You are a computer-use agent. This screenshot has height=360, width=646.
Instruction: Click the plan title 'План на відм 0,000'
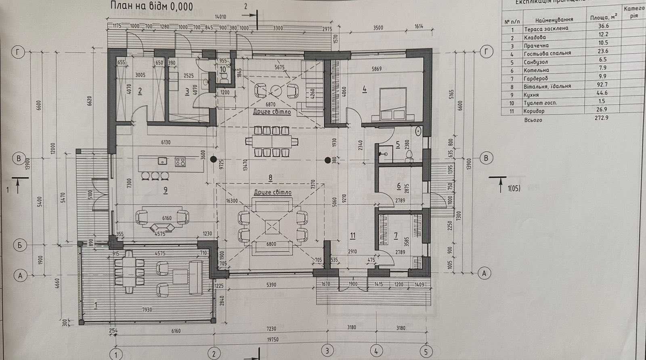click(x=151, y=6)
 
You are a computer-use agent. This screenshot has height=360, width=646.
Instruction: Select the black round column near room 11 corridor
click(x=328, y=160)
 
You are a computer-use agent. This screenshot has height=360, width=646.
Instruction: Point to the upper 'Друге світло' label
click(x=272, y=111)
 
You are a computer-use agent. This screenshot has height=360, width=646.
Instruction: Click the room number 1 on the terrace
click(x=96, y=305)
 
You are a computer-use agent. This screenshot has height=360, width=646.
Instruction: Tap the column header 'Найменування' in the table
click(x=554, y=20)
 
